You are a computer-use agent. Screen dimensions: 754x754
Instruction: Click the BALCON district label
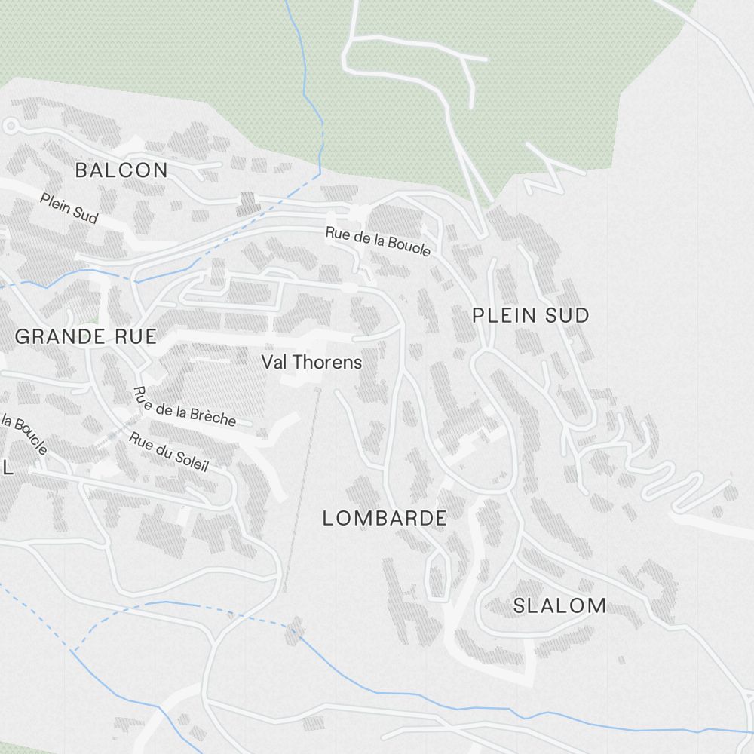click(121, 170)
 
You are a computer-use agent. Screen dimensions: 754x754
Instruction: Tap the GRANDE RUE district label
click(85, 336)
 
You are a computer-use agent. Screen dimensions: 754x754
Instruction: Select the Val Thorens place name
click(311, 362)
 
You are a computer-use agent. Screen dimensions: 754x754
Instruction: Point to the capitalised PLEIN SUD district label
click(530, 315)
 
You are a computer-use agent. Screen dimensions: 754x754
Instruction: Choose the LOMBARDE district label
click(385, 518)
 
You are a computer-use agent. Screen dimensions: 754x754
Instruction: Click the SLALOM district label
click(559, 605)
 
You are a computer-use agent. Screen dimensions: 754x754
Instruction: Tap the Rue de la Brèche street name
click(185, 407)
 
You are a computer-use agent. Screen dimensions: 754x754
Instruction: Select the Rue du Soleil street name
click(168, 452)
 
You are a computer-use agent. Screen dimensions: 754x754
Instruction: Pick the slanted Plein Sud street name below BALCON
click(69, 208)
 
